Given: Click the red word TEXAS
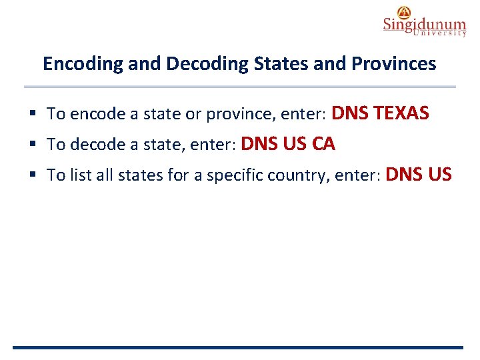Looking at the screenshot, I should click(401, 113).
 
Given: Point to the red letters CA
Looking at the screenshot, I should click(323, 143).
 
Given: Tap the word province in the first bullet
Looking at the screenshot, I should click(235, 114).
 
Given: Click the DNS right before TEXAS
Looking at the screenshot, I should click(351, 113).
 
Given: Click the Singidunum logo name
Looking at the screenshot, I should click(424, 25).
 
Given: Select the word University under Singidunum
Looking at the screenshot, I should click(439, 33).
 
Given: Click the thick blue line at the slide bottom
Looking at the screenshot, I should click(237, 347).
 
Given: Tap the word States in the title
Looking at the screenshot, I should click(266, 64).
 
